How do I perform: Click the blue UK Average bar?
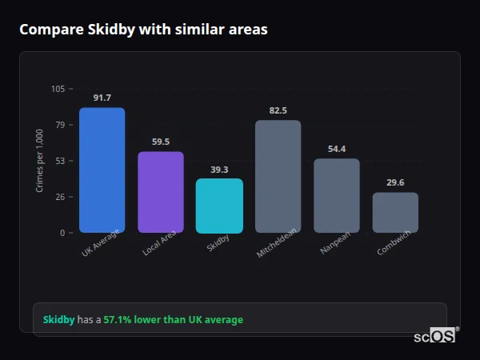coord(102,170)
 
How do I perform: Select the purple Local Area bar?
coord(160,192)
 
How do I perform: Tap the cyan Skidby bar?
coord(219,206)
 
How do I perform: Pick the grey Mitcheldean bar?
coord(278,177)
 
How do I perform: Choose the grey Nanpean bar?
coord(336,196)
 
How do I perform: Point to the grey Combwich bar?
coord(395,213)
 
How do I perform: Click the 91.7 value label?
coord(102,98)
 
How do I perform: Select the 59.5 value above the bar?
coord(160,142)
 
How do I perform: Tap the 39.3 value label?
coord(219,170)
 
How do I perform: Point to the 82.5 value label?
coord(278,110)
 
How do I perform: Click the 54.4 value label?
coord(336,149)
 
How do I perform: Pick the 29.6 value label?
coord(395,182)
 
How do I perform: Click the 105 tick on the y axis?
coord(58,89)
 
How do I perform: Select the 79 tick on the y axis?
coord(60,125)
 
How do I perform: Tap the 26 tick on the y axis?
coord(60,197)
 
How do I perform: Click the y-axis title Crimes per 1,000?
coord(40,161)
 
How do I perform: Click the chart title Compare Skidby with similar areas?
coord(143,30)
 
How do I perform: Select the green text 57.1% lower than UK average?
coord(173,320)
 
